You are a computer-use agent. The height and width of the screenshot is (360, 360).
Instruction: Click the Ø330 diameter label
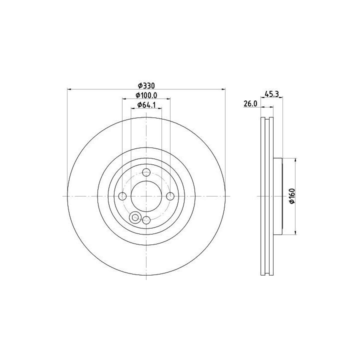pos(146,86)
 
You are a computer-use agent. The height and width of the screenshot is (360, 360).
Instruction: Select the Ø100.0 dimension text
pos(146,95)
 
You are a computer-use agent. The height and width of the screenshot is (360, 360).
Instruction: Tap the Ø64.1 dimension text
pos(146,105)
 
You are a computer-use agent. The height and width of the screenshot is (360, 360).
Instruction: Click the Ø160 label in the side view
pos(292,196)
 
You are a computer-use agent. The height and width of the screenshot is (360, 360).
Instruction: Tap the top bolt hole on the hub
pos(146,172)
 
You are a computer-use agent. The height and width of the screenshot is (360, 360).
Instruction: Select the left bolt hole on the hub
pos(122,196)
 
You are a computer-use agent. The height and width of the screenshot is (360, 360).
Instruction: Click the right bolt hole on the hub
pos(170,196)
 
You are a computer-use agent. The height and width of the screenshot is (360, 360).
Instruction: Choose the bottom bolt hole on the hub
pos(146,220)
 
